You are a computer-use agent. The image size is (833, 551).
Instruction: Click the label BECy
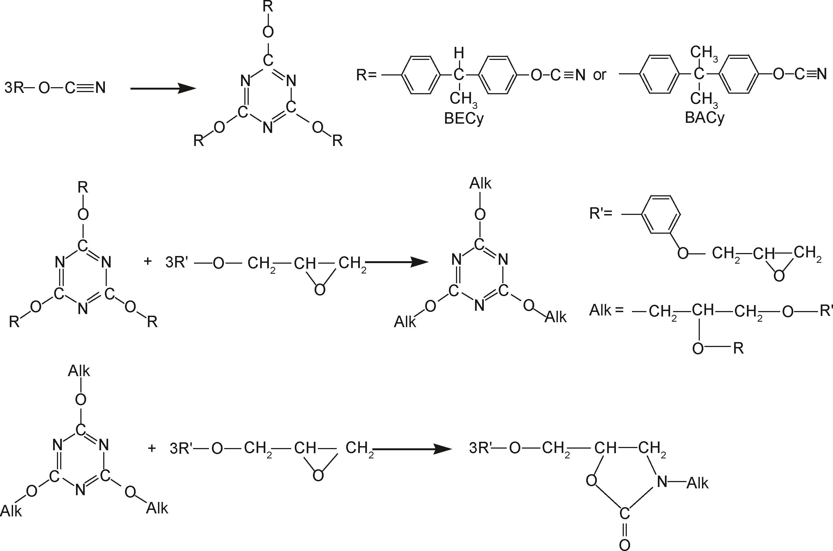tap(464, 119)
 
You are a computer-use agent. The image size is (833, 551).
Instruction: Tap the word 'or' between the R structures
tap(600, 75)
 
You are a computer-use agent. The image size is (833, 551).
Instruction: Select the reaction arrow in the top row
tap(162, 89)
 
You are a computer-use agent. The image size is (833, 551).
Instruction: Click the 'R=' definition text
tap(366, 75)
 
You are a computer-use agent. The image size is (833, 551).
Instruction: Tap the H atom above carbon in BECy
tap(459, 53)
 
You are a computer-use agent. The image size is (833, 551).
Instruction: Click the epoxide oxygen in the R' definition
tap(779, 276)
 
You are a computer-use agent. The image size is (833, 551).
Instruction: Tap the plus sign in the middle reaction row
tap(148, 261)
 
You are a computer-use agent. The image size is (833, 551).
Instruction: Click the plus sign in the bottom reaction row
tap(152, 448)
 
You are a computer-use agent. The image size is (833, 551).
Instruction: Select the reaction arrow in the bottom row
tap(411, 449)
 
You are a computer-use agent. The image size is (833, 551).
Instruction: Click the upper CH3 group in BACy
tap(704, 53)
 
